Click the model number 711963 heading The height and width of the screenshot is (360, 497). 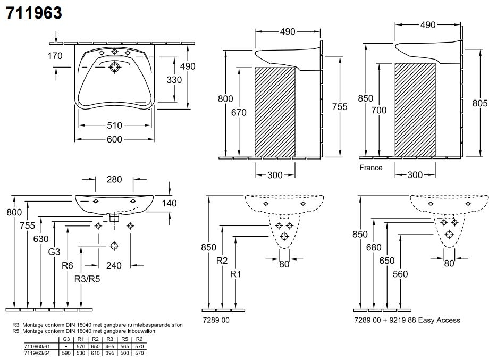coord(34,12)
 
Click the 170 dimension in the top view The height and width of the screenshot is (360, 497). coord(55,56)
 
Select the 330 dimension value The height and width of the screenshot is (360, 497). coord(174,80)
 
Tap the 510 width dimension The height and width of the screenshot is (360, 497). coord(115,125)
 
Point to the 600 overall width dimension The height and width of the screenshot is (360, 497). coord(115,139)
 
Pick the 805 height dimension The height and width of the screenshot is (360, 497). coord(480,104)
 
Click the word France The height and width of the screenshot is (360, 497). coord(371,168)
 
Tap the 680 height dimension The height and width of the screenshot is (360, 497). coord(374,247)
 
